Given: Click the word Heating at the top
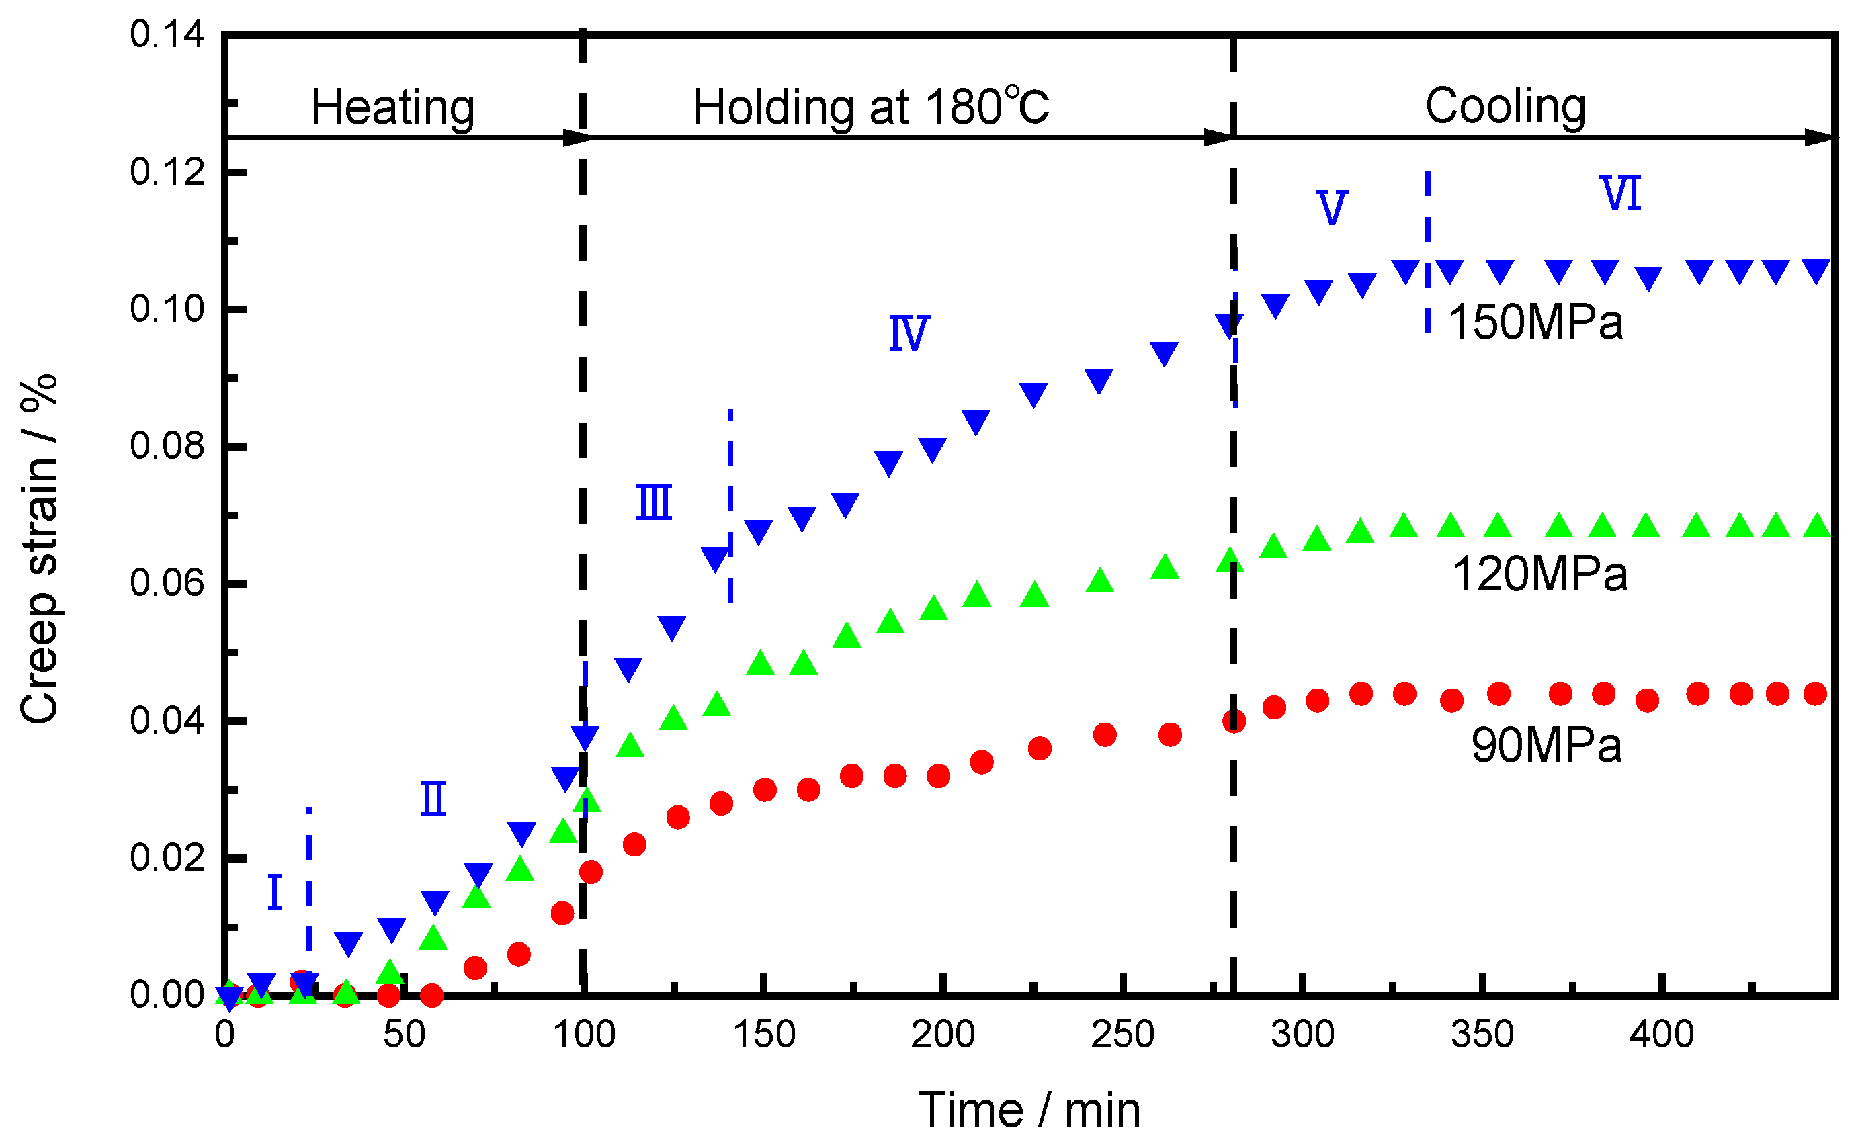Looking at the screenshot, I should tap(393, 107).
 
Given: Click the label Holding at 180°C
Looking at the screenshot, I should tap(870, 107).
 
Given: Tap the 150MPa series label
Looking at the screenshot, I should tap(1535, 322).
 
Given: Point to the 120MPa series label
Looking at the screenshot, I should tap(1539, 574).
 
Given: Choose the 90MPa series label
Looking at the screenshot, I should tap(1546, 745).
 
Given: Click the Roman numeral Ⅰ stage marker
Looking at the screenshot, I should tap(275, 893).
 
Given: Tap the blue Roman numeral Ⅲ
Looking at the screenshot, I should tap(654, 503).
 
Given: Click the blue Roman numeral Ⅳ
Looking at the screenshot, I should tap(909, 334).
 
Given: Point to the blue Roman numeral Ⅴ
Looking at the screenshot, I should tap(1332, 208).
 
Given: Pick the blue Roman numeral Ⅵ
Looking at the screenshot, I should tap(1620, 193).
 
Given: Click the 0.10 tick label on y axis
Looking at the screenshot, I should tap(167, 310).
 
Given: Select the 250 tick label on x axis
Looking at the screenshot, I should tap(1122, 1035).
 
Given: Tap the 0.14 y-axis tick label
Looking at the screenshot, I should tap(167, 35).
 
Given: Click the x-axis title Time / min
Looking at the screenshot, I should tap(1029, 1110).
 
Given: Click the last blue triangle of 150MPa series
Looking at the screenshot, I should tap(1816, 270).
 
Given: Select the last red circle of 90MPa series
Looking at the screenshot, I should tap(1815, 694).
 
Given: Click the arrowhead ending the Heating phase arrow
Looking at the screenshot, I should tap(577, 138).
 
